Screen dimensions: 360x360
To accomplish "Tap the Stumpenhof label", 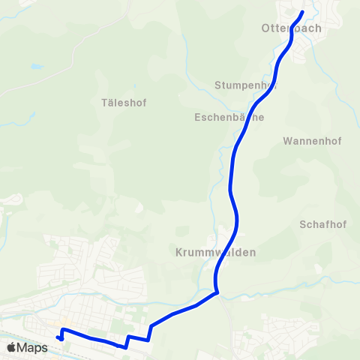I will click(246, 85).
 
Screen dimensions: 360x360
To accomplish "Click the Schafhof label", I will click(322, 224).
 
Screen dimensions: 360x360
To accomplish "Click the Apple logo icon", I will click(12, 347).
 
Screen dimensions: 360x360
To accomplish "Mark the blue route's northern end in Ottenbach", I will click(302, 12).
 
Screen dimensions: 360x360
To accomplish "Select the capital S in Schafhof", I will click(302, 224).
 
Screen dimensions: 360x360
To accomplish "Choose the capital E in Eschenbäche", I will click(197, 118).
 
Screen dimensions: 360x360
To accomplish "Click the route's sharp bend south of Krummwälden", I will click(217, 292).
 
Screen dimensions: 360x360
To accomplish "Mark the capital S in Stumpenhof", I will click(217, 85).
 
